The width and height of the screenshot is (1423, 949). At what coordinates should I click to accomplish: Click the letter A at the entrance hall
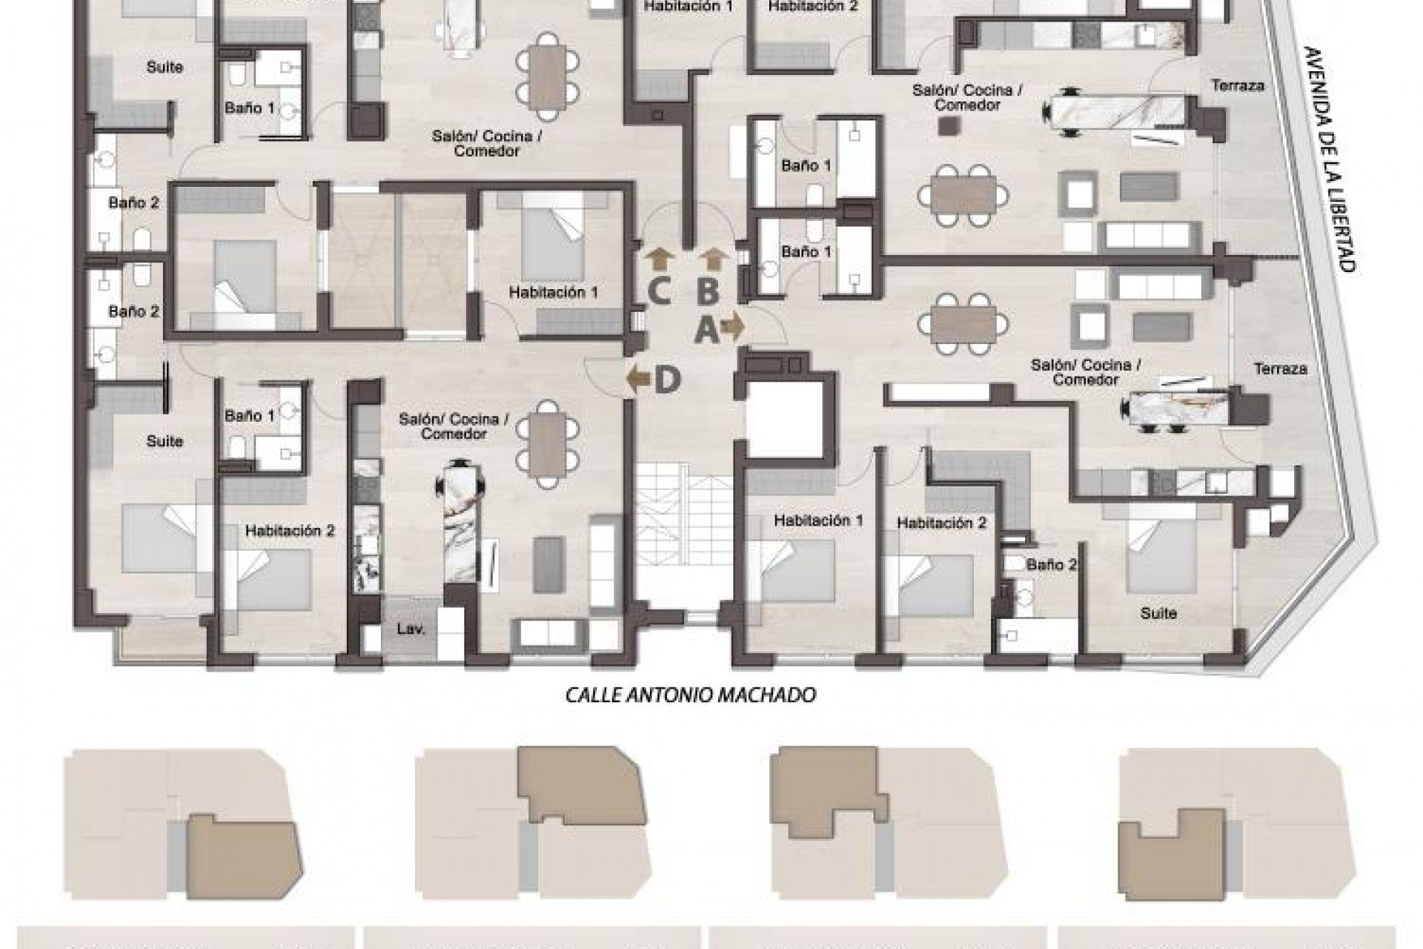point(706,329)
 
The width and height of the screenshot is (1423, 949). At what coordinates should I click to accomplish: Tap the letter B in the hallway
point(708,291)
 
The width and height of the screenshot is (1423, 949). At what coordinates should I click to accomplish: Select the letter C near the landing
point(659,291)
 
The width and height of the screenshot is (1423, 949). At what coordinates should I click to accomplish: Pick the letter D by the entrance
point(667,380)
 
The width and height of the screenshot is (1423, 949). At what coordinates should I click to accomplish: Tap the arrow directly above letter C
point(658,259)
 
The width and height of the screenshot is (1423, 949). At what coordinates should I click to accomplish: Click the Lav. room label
point(410,630)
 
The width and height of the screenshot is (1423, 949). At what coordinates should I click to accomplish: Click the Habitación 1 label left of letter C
point(553,293)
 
